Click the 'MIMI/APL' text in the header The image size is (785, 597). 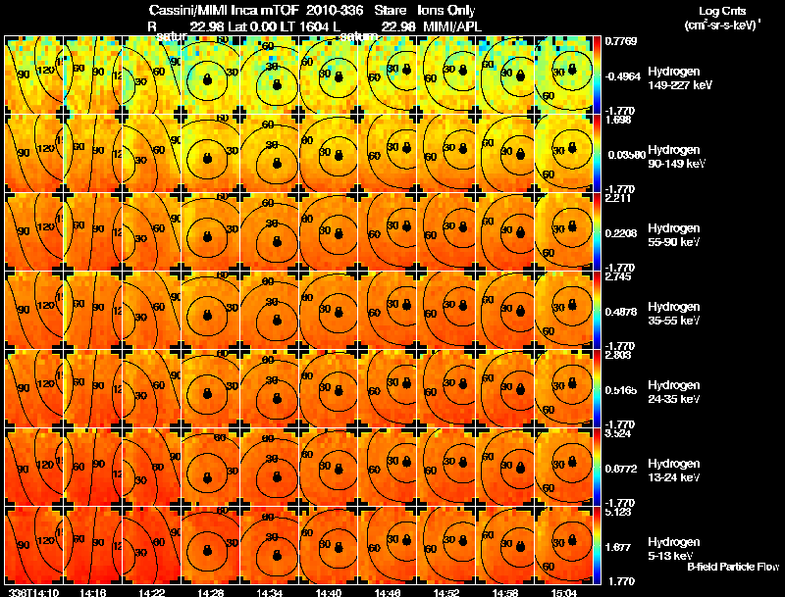(447, 25)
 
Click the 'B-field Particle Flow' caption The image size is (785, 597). (732, 567)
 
